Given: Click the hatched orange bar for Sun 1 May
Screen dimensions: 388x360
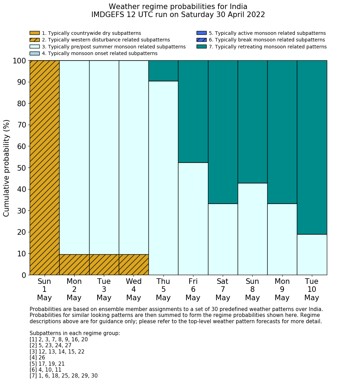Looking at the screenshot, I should click(44, 168).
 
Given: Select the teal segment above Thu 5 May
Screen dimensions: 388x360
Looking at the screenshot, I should click(163, 71).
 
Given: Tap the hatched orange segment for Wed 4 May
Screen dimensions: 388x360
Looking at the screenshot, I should click(133, 265).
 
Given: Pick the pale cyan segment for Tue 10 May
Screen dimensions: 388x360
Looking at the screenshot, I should click(312, 255).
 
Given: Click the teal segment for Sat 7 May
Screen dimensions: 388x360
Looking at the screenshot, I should click(223, 132).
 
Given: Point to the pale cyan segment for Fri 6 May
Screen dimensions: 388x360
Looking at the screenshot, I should click(193, 219).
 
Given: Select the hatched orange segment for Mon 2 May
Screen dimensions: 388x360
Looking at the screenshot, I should click(74, 265).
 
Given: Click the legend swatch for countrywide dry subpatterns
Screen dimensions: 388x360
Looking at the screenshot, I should click(35, 33).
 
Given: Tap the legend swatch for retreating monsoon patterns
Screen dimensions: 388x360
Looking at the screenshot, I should click(201, 47).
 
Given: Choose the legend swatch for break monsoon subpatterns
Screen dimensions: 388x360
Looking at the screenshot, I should click(201, 40).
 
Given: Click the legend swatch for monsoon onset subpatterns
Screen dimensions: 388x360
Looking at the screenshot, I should click(35, 53).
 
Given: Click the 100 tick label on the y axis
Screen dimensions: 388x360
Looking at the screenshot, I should click(19, 61).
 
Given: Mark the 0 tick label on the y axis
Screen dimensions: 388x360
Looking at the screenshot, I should click(24, 275).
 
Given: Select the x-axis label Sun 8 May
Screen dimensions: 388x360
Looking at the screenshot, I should click(252, 289).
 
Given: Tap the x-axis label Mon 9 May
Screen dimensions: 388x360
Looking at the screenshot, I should click(282, 289).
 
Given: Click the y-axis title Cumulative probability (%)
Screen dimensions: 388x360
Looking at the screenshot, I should click(7, 168).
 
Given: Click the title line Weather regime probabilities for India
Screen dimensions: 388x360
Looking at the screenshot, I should click(178, 7).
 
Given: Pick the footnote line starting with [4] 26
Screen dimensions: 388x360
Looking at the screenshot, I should click(37, 358).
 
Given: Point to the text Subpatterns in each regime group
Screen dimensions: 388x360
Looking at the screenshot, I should click(75, 333).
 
